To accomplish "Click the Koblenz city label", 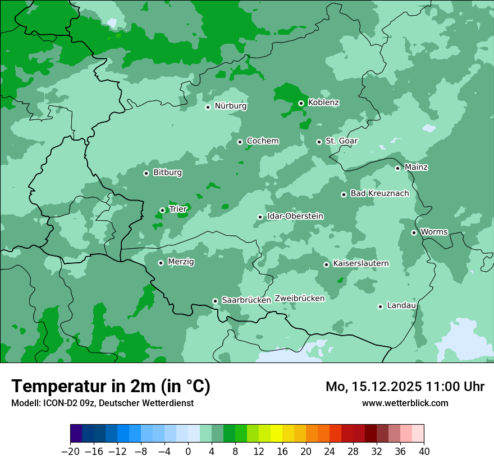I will pyautogui.click(x=323, y=103).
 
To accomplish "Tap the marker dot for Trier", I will pyautogui.click(x=162, y=210).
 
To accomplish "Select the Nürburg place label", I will pyautogui.click(x=230, y=106).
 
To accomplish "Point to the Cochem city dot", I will pyautogui.click(x=240, y=142).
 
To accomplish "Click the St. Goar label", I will pyautogui.click(x=341, y=141).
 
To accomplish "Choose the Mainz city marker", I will pyautogui.click(x=397, y=168).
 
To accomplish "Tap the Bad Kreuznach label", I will pyautogui.click(x=379, y=193).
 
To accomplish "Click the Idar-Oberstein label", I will pyautogui.click(x=295, y=216).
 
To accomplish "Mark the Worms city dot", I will pyautogui.click(x=414, y=232).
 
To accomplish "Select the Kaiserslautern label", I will pyautogui.click(x=360, y=263).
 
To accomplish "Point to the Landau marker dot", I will pyautogui.click(x=380, y=306).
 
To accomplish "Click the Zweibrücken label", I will pyautogui.click(x=299, y=299).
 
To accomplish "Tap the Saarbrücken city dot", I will pyautogui.click(x=215, y=301).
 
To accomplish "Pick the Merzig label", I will pyautogui.click(x=181, y=262).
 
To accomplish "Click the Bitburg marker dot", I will pyautogui.click(x=146, y=173).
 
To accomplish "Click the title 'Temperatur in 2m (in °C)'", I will pyautogui.click(x=111, y=387).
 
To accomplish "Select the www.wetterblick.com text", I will pyautogui.click(x=405, y=403).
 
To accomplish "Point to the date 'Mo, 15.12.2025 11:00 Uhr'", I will pyautogui.click(x=405, y=387).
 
